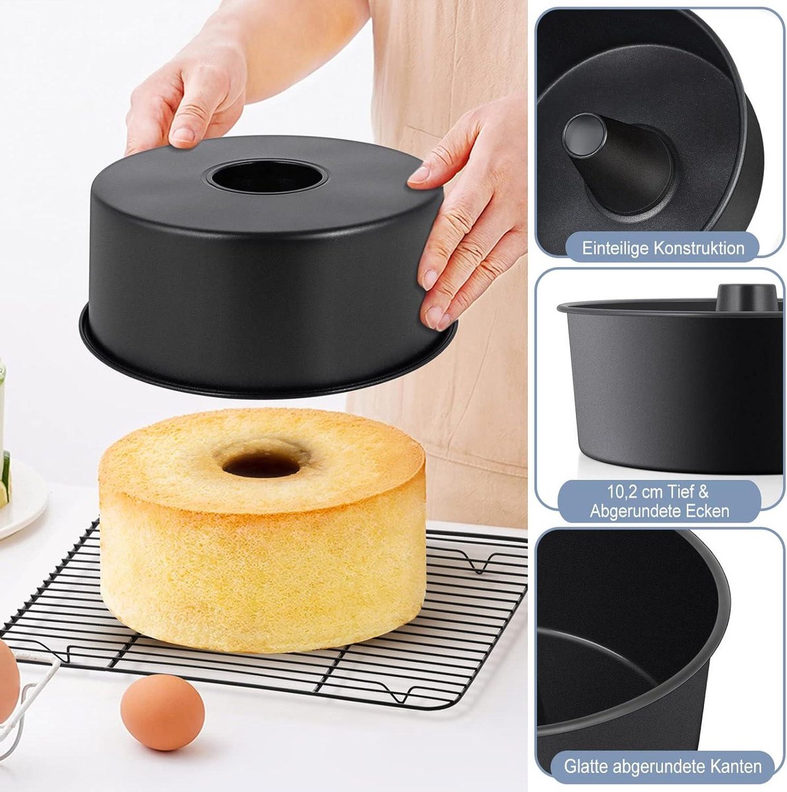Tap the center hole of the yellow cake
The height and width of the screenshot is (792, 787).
261,465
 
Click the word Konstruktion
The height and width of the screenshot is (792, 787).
699,248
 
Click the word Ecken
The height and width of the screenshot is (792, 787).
708,511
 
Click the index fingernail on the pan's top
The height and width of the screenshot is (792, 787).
183,134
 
